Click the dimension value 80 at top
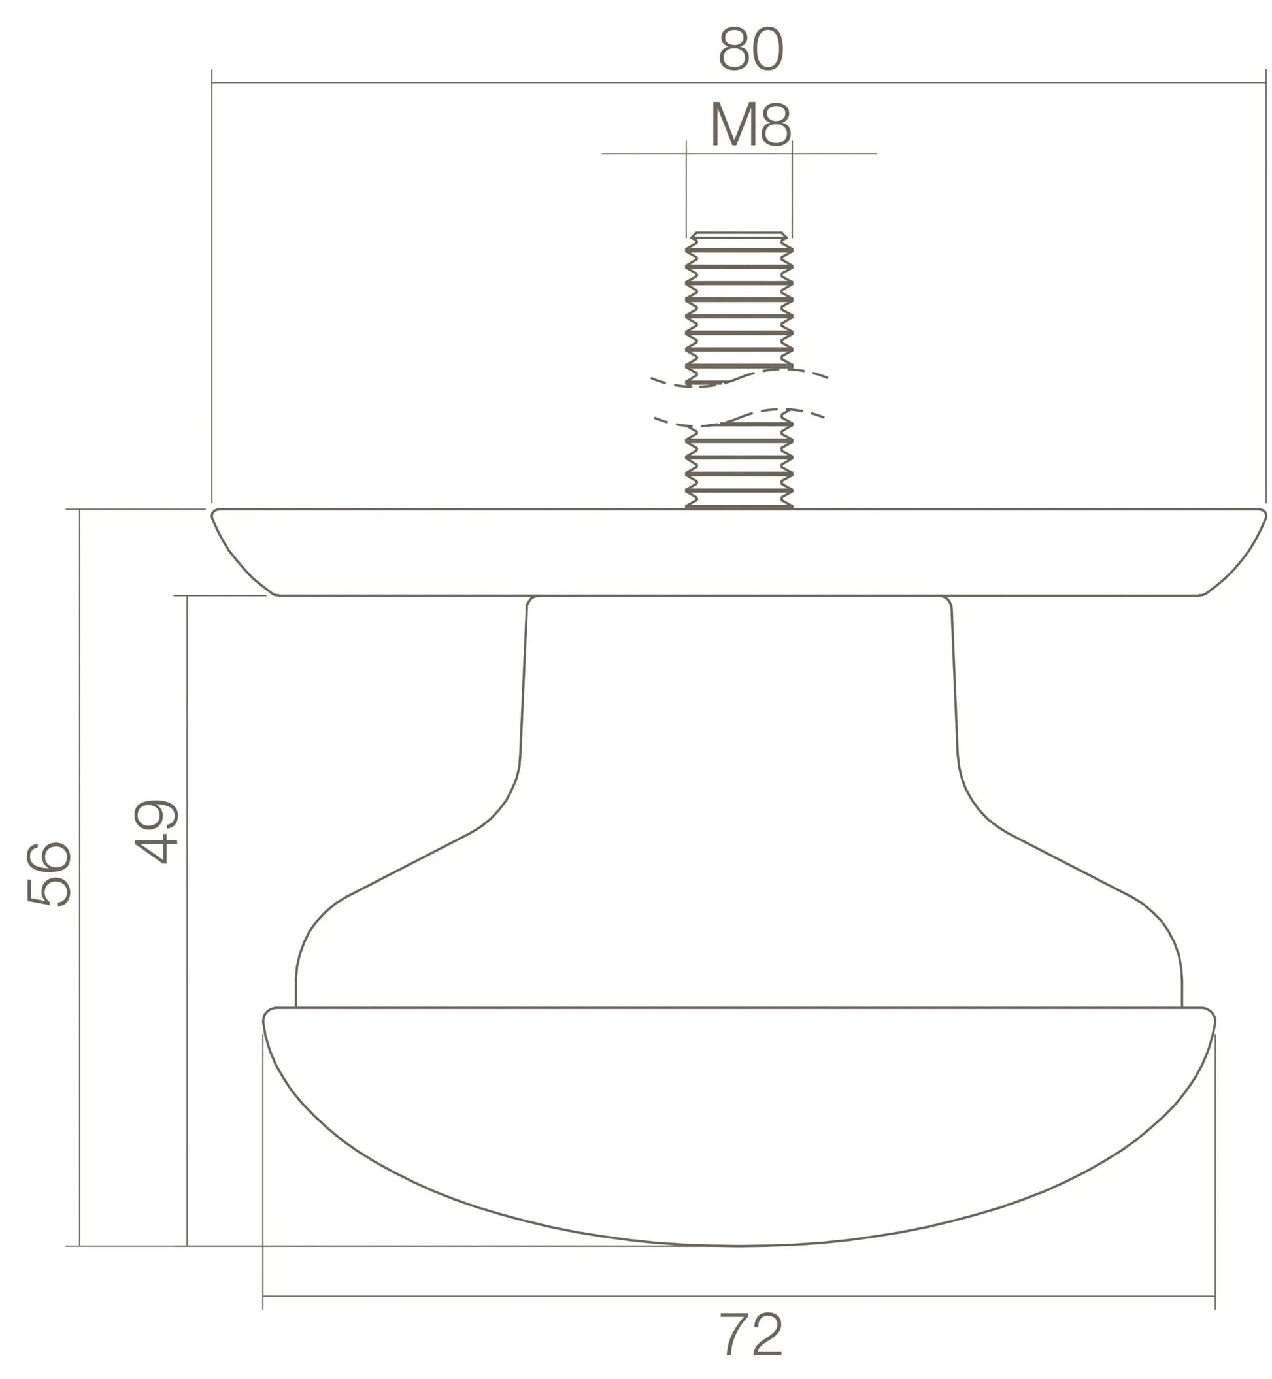click(750, 50)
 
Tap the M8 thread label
click(750, 125)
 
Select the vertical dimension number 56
click(48, 874)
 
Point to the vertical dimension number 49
click(156, 831)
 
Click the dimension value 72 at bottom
click(751, 1335)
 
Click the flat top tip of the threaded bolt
click(739, 233)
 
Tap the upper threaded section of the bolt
click(739, 307)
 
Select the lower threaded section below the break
click(739, 465)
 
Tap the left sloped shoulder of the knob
click(406, 867)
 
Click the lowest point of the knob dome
click(739, 1246)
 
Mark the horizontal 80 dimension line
click(482, 82)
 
